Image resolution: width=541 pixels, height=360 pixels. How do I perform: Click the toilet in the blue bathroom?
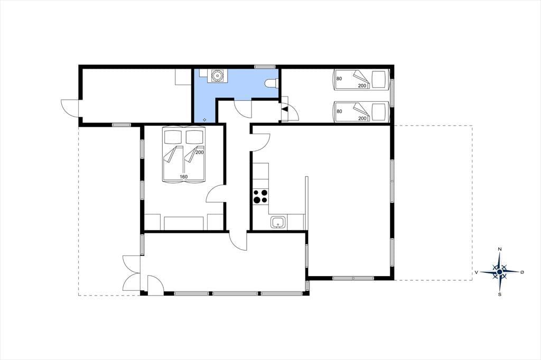272,83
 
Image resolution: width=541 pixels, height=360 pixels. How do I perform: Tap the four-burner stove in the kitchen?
260,196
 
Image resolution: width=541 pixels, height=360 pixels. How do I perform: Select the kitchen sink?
278,222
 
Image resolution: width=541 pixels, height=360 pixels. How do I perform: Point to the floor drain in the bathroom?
204,120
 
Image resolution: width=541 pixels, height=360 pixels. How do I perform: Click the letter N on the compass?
500,249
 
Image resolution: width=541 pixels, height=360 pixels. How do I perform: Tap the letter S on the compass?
500,294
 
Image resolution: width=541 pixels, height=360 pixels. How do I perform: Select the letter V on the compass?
477,272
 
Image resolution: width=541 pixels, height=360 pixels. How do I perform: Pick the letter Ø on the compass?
522,272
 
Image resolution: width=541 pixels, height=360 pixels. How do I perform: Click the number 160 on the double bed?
183,177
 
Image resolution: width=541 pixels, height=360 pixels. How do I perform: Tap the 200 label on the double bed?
199,152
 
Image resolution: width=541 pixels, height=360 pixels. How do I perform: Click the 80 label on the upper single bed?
339,79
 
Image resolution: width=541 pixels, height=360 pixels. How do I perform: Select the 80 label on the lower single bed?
339,111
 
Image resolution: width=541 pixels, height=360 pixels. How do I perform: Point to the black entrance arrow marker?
285,109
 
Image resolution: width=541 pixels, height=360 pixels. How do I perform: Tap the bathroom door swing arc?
242,109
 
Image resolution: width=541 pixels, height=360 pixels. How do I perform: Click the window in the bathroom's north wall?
265,66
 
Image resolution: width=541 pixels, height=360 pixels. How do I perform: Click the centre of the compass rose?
500,272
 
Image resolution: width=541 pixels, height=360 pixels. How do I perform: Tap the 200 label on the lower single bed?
362,118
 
